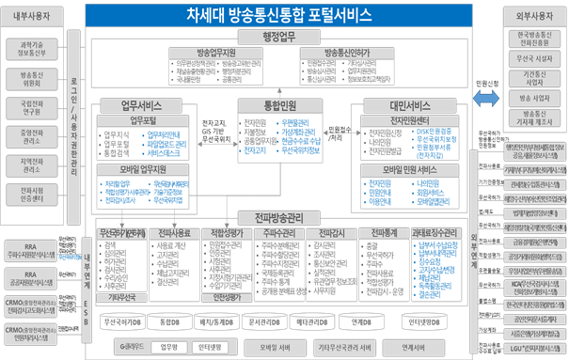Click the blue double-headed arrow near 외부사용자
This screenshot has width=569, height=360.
484,98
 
